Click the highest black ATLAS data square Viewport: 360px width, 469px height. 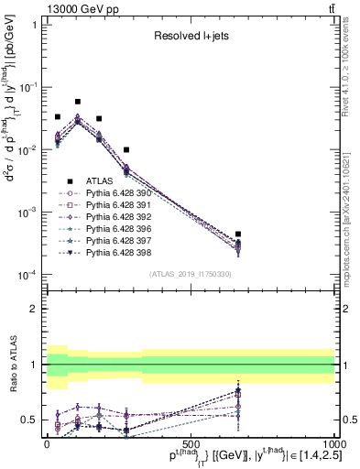(x=78, y=102)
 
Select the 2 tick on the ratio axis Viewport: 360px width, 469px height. (x=35, y=309)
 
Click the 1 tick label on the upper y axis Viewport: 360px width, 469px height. (x=35, y=25)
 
